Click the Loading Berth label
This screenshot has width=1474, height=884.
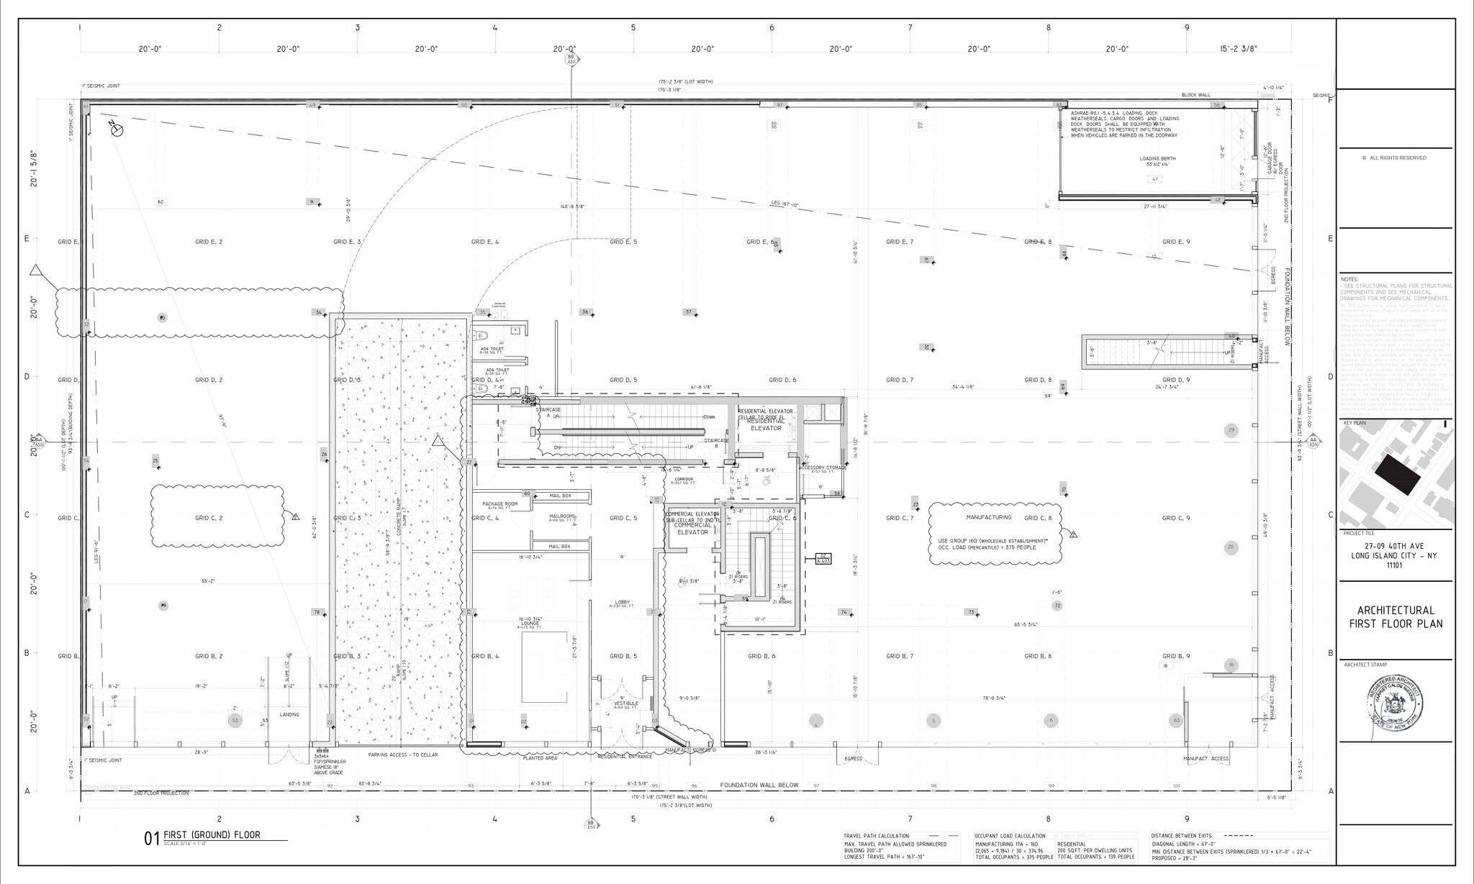click(x=1157, y=159)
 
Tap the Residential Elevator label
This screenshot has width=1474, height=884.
click(x=766, y=424)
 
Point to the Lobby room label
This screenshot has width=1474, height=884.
click(x=622, y=603)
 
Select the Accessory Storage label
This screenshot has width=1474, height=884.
click(x=822, y=468)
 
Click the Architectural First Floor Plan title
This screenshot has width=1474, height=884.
click(x=1396, y=617)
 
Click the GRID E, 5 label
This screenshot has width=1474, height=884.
click(x=623, y=242)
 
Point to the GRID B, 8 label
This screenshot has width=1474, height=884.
click(x=1037, y=657)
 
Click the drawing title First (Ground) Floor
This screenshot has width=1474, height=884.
click(x=212, y=835)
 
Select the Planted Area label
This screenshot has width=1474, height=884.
click(x=540, y=757)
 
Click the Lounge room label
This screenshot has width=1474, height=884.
click(x=530, y=624)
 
